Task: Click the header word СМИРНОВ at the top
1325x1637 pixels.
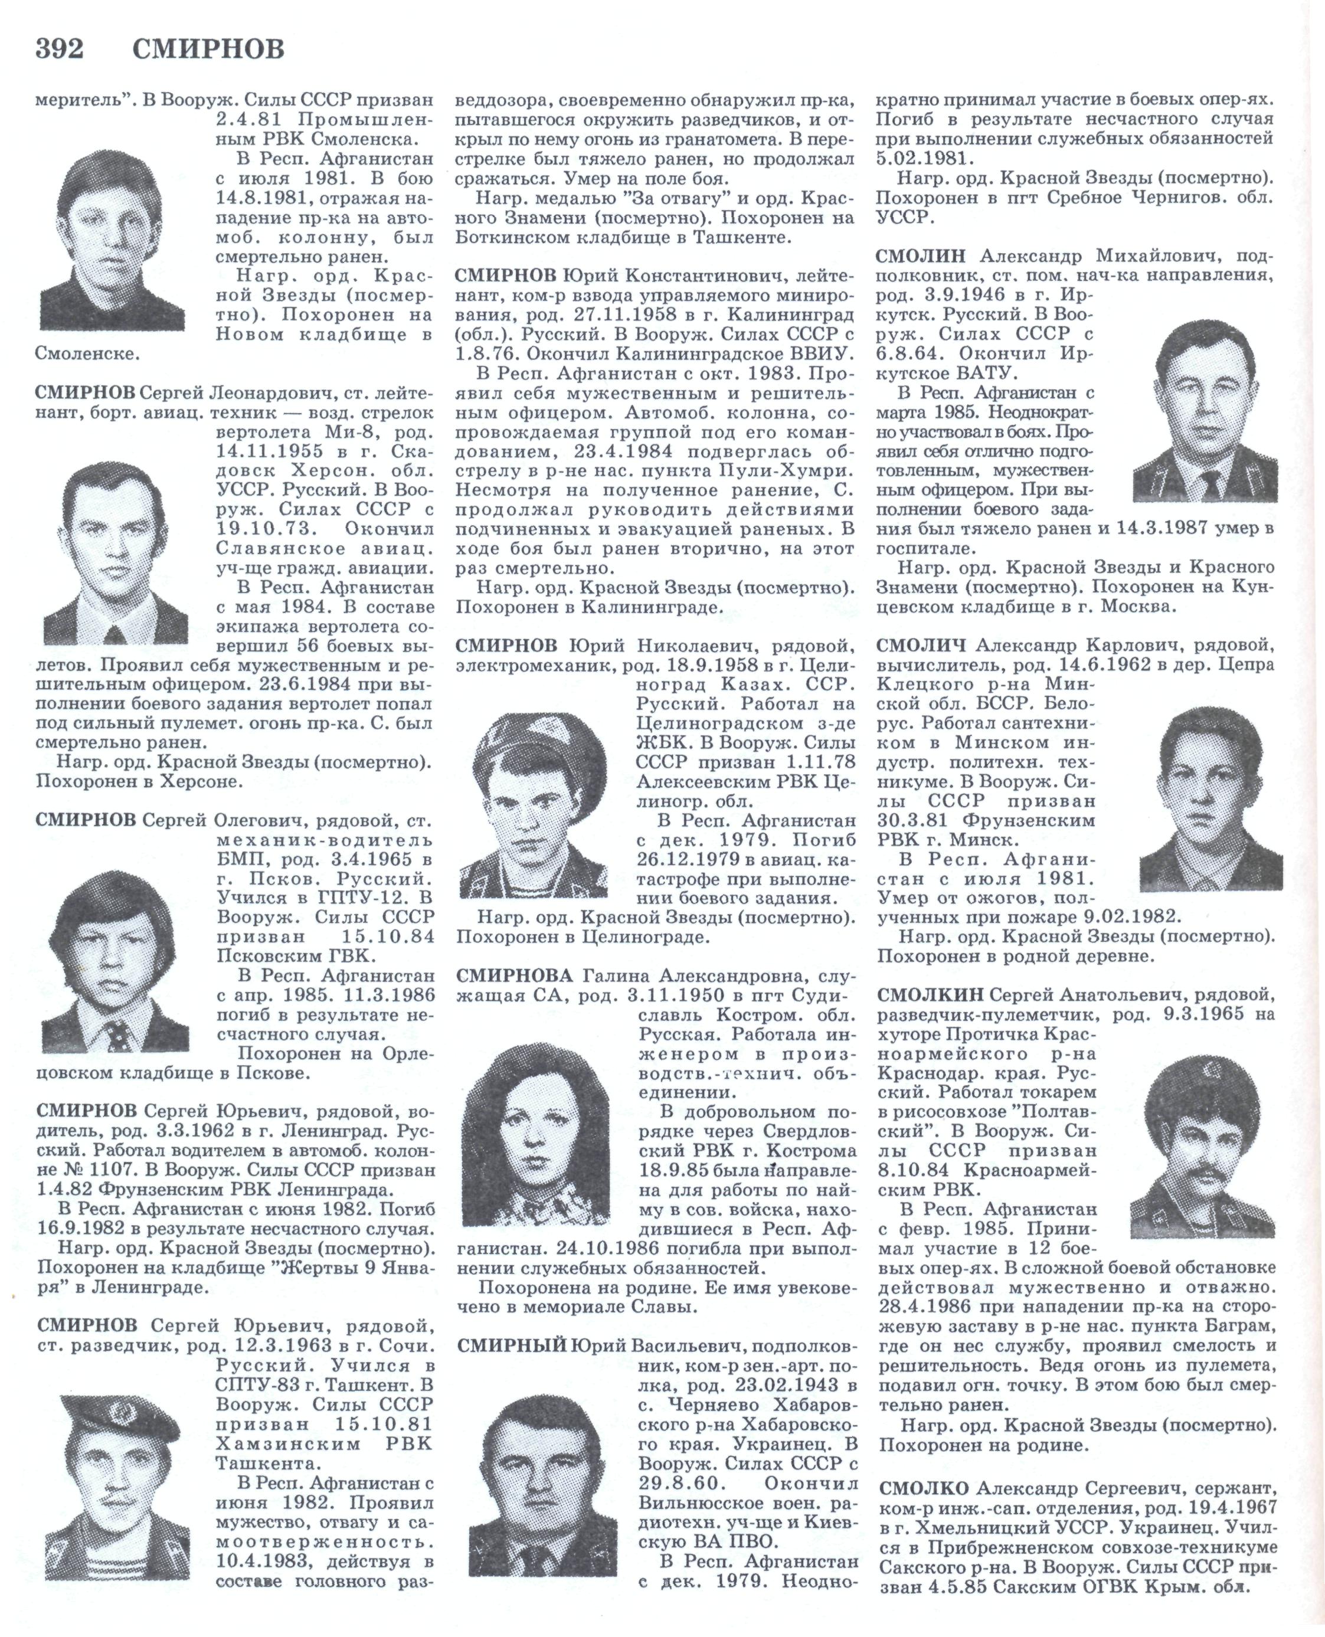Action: click(208, 50)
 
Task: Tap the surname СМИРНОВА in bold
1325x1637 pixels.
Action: click(513, 977)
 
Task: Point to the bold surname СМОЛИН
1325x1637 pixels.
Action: click(921, 256)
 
